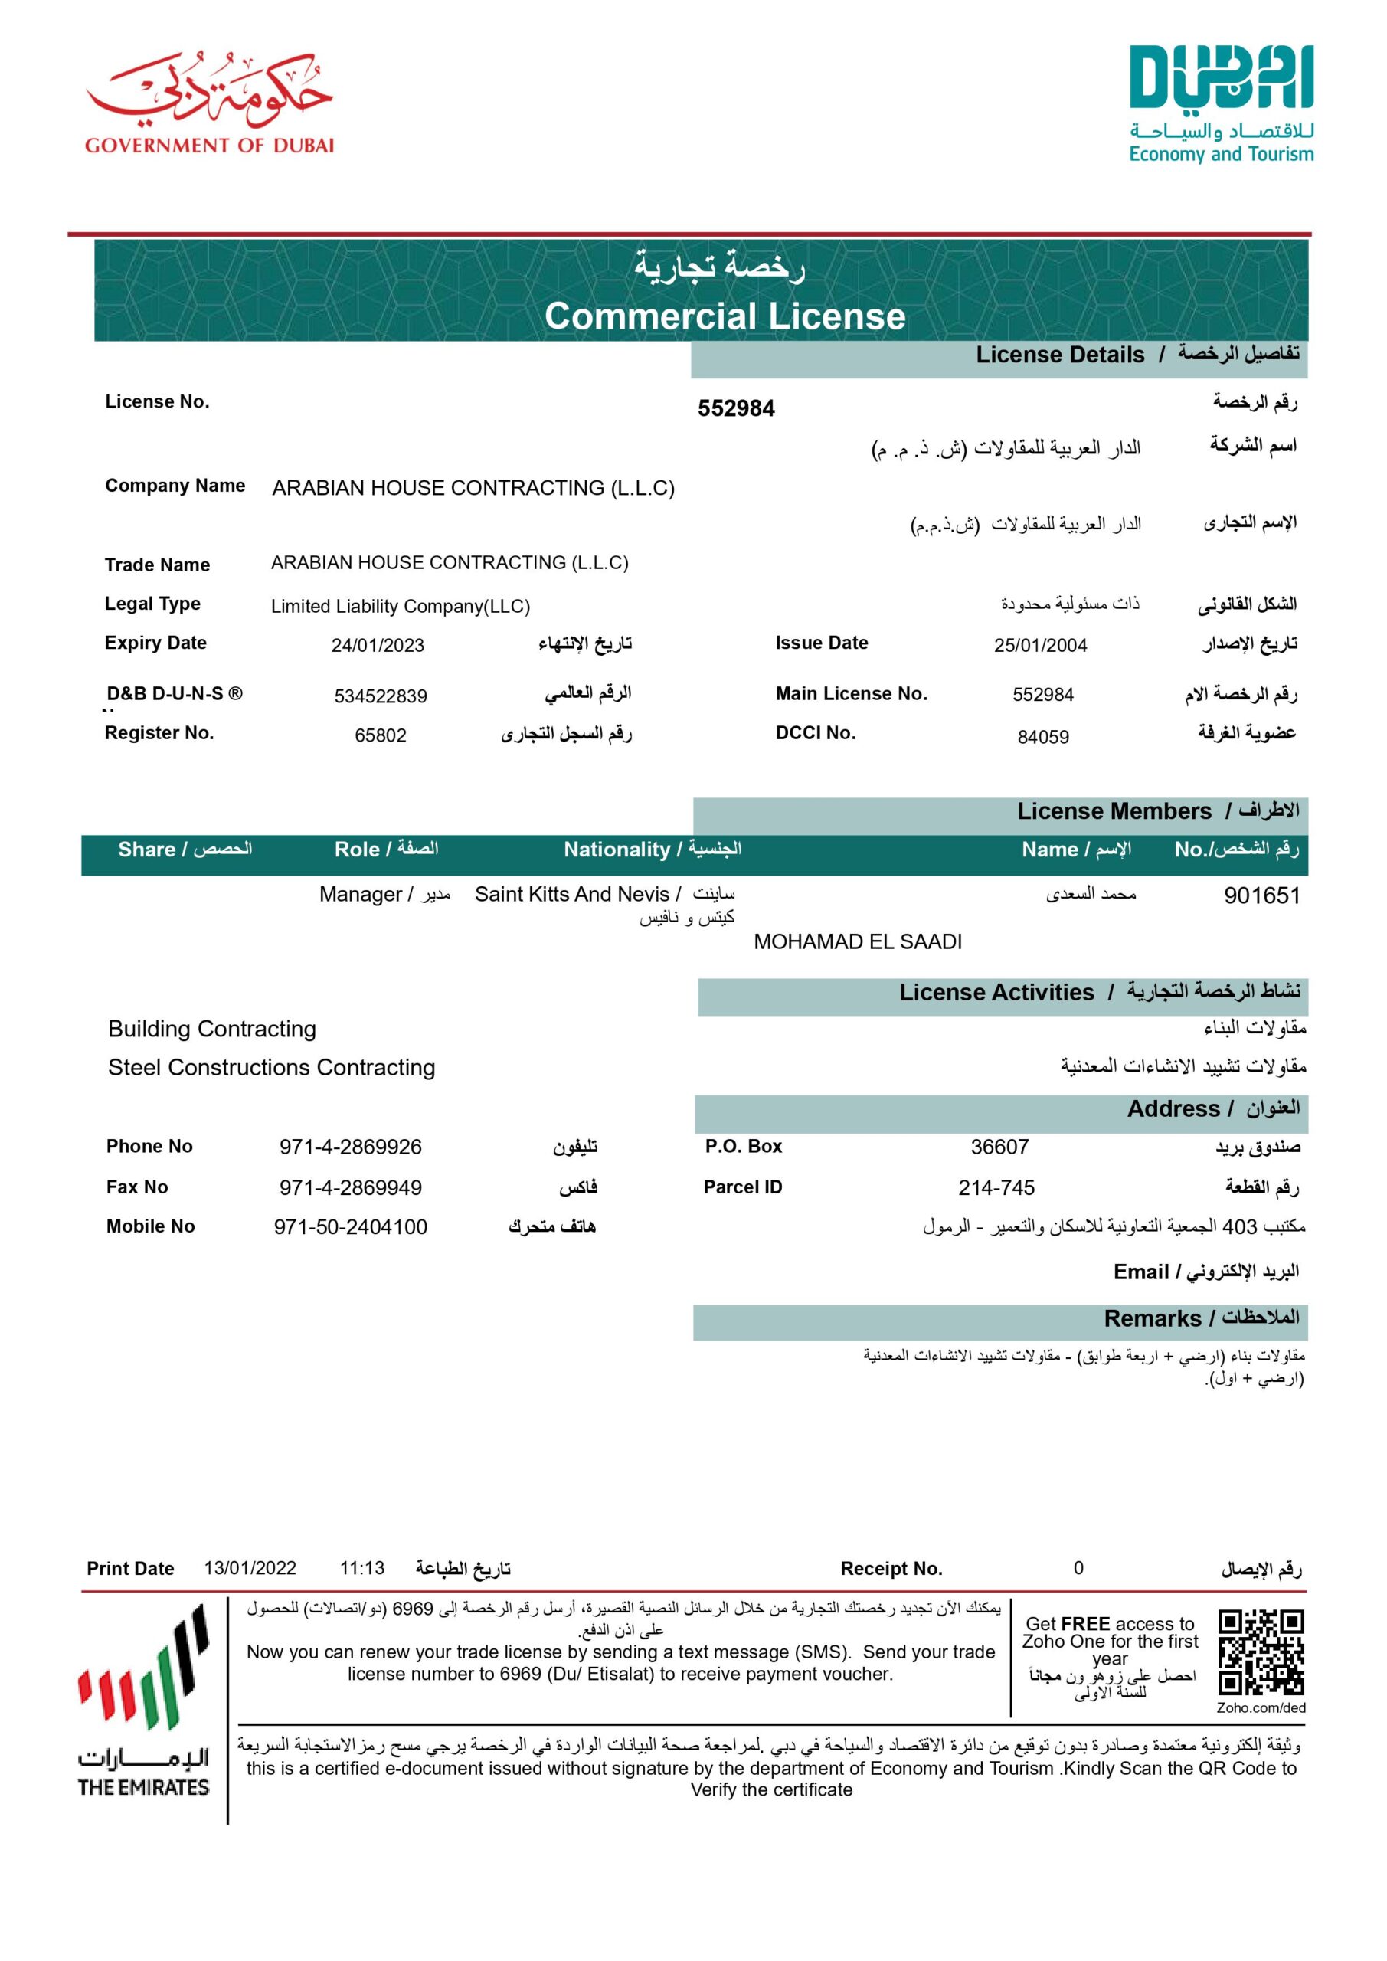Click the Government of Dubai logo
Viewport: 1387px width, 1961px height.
209,103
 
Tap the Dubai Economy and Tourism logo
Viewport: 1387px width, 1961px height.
1221,104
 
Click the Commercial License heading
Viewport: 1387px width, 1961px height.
725,316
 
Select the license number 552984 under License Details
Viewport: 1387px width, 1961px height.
735,408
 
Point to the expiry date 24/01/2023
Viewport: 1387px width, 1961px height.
378,646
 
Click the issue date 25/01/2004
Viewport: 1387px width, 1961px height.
1039,646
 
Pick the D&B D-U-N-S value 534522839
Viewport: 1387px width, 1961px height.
380,696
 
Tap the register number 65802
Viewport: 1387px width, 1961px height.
380,735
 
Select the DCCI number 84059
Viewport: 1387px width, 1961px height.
1043,736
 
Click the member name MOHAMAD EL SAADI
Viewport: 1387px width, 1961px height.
858,941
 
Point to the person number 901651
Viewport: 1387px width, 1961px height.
1261,895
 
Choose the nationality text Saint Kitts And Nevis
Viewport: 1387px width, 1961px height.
571,894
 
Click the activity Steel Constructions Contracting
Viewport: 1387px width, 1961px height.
272,1068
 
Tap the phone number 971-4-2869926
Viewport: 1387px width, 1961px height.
350,1147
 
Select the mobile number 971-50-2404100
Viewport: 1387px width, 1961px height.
350,1227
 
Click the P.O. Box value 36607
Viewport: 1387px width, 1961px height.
999,1147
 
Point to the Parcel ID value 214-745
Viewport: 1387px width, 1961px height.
996,1187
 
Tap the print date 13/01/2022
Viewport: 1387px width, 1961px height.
250,1568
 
